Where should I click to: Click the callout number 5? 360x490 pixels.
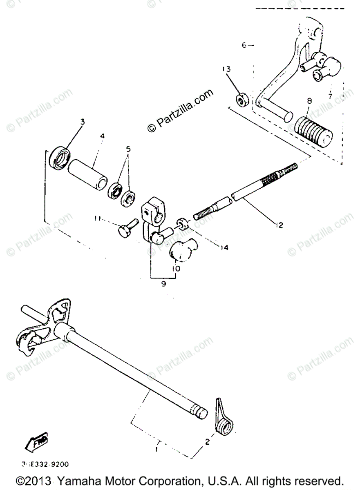pyautogui.click(x=129, y=150)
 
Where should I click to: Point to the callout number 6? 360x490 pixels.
pyautogui.click(x=244, y=45)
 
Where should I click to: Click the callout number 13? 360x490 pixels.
pyautogui.click(x=227, y=69)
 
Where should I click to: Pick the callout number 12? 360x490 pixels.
pyautogui.click(x=279, y=225)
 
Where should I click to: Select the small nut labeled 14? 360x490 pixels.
pyautogui.click(x=182, y=224)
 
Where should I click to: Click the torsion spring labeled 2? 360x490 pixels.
pyautogui.click(x=222, y=421)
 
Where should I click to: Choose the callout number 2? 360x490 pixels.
pyautogui.click(x=207, y=441)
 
